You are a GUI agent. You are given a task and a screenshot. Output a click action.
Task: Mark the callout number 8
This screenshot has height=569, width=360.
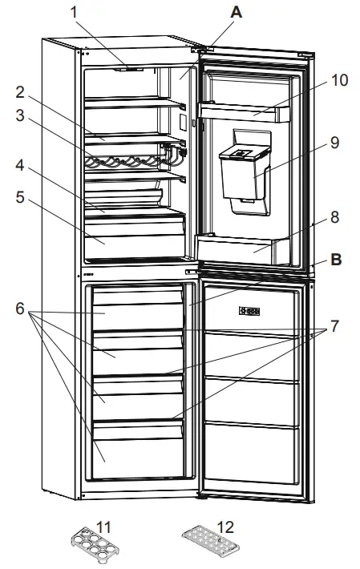(334, 216)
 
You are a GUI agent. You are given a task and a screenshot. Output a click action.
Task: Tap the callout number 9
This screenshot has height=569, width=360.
(334, 143)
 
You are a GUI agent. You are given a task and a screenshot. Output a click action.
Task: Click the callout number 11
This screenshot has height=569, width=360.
(103, 527)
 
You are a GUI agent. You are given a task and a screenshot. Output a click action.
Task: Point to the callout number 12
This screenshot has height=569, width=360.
(225, 527)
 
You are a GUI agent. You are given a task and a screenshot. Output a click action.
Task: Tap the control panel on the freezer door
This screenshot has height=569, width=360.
(250, 311)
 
